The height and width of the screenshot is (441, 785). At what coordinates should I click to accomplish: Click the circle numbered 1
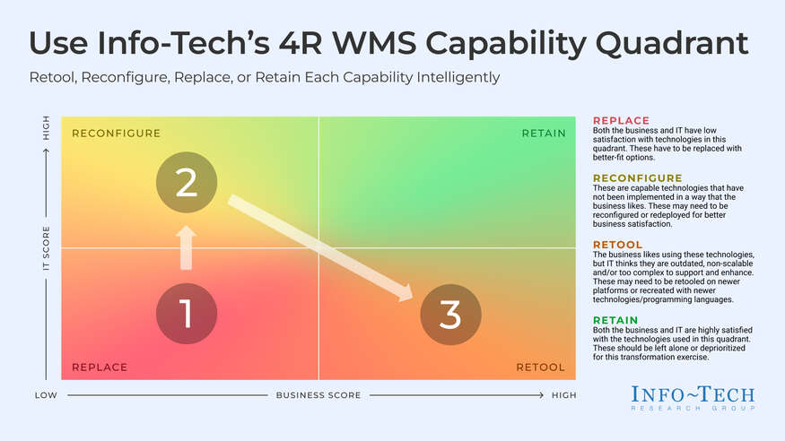pyautogui.click(x=186, y=315)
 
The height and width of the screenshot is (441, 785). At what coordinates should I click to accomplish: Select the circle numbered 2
pyautogui.click(x=186, y=183)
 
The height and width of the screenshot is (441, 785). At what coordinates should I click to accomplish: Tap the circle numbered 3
pyautogui.click(x=450, y=315)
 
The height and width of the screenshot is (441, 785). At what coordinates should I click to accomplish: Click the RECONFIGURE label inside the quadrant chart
pyautogui.click(x=116, y=134)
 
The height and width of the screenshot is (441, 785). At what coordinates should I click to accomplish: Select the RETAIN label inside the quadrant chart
pyautogui.click(x=544, y=134)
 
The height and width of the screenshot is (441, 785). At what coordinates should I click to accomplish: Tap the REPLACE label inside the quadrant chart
pyautogui.click(x=100, y=367)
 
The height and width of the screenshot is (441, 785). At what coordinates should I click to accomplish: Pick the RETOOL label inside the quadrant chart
pyautogui.click(x=540, y=367)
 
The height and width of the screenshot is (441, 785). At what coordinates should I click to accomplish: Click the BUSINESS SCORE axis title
pyautogui.click(x=318, y=395)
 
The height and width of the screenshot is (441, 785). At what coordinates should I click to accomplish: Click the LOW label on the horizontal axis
pyautogui.click(x=47, y=395)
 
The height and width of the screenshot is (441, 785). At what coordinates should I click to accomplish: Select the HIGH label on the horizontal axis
pyautogui.click(x=563, y=395)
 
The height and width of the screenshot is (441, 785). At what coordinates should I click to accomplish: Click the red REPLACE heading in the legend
pyautogui.click(x=621, y=121)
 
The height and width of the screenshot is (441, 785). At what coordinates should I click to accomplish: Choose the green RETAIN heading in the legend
pyautogui.click(x=615, y=320)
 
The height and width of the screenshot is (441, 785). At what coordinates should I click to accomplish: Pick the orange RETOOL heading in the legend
pyautogui.click(x=618, y=244)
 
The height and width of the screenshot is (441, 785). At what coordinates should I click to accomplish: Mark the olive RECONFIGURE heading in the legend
pyautogui.click(x=638, y=177)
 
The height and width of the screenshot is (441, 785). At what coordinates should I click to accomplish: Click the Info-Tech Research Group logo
pyautogui.click(x=693, y=398)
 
